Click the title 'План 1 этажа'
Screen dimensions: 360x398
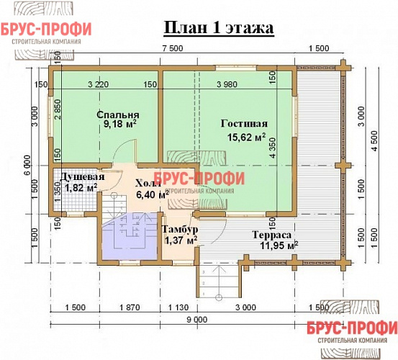click(x=217, y=29)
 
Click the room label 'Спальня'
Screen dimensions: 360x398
click(x=119, y=115)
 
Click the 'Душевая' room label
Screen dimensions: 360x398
click(x=81, y=177)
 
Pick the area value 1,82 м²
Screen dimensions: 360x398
click(x=81, y=188)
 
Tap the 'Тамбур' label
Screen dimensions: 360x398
click(x=180, y=230)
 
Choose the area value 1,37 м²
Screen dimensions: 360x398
click(x=180, y=240)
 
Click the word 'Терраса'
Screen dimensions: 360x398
click(x=271, y=235)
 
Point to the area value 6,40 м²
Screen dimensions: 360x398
click(x=153, y=194)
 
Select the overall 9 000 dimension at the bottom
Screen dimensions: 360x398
click(x=196, y=319)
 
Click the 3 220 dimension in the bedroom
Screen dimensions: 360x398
click(x=98, y=85)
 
